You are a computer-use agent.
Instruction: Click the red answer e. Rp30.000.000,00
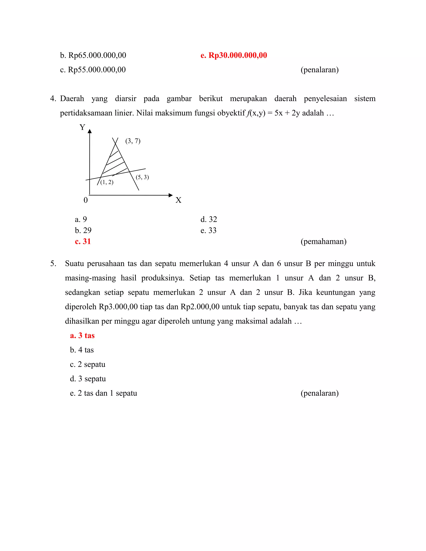click(x=233, y=55)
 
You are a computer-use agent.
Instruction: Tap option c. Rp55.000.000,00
click(x=93, y=70)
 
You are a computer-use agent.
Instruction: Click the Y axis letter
click(x=82, y=127)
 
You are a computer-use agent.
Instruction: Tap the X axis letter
click(x=178, y=200)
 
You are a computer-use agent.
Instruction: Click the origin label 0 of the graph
click(x=85, y=200)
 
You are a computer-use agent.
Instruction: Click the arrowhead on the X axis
click(x=171, y=195)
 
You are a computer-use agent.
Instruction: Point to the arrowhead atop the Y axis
click(x=90, y=131)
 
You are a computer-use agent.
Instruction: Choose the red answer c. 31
click(x=83, y=241)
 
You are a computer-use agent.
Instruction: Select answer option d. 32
click(x=208, y=219)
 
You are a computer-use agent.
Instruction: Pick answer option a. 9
click(x=81, y=219)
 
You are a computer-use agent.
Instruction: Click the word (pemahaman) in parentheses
click(x=323, y=241)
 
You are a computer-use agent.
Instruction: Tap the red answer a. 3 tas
click(x=82, y=336)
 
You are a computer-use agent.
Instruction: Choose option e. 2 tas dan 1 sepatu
click(x=103, y=393)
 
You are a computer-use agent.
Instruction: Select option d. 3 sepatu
click(x=88, y=379)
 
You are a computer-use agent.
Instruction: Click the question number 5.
click(x=53, y=264)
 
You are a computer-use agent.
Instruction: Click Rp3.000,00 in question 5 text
click(x=118, y=307)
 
